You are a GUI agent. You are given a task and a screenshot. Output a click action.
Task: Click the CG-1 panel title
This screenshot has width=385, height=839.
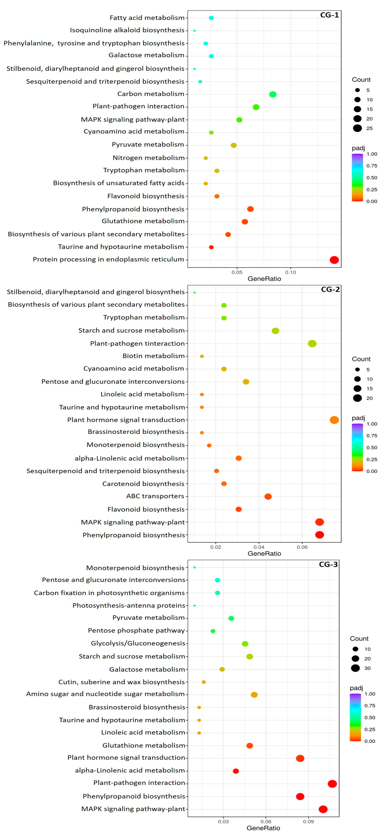pyautogui.click(x=329, y=15)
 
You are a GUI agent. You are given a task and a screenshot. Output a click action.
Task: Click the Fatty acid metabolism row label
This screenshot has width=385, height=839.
pyautogui.click(x=147, y=18)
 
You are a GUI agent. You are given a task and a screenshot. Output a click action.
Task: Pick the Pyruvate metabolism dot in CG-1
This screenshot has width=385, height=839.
pyautogui.click(x=234, y=145)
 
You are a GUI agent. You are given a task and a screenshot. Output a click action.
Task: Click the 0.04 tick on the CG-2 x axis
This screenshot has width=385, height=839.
pyautogui.click(x=259, y=547)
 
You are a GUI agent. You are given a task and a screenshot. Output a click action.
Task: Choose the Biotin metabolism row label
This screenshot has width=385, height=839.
pyautogui.click(x=153, y=356)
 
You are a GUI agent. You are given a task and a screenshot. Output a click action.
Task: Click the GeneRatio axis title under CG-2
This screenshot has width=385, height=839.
pyautogui.click(x=264, y=553)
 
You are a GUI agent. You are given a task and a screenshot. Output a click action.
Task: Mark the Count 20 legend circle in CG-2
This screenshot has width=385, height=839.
pyautogui.click(x=357, y=398)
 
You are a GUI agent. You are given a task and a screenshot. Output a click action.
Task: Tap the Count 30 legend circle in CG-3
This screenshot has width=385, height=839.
pyautogui.click(x=355, y=668)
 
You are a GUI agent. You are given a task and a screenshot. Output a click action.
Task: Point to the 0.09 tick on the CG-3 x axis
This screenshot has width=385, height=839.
pyautogui.click(x=308, y=821)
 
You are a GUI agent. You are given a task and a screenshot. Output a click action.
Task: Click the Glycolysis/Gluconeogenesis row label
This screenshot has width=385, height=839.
pyautogui.click(x=138, y=643)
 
